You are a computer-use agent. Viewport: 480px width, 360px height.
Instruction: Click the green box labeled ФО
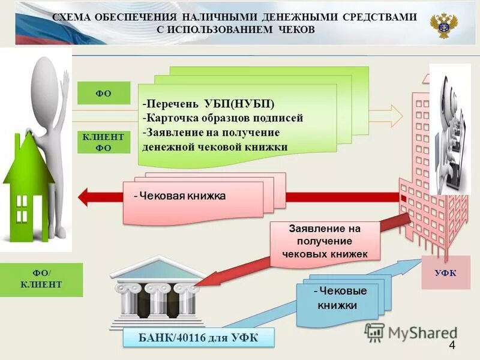coord(103,93)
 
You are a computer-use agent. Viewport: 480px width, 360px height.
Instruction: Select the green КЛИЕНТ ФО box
coord(103,142)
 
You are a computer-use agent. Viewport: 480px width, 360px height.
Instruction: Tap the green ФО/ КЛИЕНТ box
coord(41,280)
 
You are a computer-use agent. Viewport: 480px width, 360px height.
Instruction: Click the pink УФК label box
coord(445,272)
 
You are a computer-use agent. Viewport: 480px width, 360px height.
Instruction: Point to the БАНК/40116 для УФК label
coord(198,338)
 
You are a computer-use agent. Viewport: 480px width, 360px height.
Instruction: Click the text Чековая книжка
coord(179,196)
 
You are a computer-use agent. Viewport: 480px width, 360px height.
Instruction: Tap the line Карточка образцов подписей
coord(223,118)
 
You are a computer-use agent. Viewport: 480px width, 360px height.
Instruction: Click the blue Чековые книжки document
coord(339,298)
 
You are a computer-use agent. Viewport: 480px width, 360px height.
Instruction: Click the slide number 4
coord(452,345)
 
